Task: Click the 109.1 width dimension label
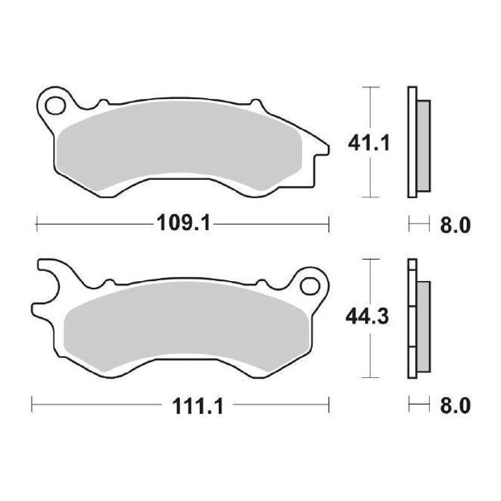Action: pyautogui.click(x=183, y=225)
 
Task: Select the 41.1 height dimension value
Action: pyautogui.click(x=368, y=143)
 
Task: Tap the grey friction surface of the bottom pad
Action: pyautogui.click(x=186, y=326)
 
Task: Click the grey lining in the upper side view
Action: pyautogui.click(x=424, y=145)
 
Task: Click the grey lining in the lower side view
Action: pyautogui.click(x=424, y=326)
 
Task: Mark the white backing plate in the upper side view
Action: pyautogui.click(x=412, y=142)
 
